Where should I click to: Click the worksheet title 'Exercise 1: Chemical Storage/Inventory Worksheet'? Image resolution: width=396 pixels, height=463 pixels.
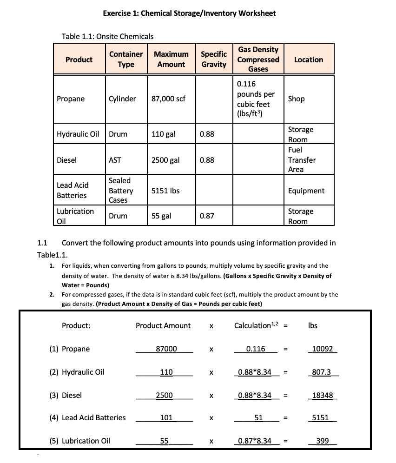189,13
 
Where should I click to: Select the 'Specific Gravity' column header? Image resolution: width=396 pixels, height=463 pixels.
213,60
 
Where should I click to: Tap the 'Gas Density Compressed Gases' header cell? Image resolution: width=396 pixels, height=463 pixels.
258,59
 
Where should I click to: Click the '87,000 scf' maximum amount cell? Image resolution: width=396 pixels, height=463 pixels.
169,99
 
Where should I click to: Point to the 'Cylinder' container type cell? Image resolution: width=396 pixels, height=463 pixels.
122,99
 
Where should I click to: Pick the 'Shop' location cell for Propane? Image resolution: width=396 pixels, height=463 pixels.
297,99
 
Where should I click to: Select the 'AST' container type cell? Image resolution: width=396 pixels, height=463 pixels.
115,160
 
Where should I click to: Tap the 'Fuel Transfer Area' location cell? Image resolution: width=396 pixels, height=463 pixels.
302,159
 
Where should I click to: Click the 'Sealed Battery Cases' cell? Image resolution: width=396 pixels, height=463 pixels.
120,190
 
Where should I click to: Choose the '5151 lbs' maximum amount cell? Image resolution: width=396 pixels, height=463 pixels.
165,191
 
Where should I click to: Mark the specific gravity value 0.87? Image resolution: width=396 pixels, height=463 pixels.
207,216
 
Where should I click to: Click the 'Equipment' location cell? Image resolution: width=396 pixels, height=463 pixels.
306,191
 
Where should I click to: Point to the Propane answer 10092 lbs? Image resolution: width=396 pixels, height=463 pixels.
323,349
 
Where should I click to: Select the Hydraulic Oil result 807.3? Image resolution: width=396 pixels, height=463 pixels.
323,372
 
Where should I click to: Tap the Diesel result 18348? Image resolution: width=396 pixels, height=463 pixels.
323,395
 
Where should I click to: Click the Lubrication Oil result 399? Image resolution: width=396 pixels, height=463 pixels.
322,441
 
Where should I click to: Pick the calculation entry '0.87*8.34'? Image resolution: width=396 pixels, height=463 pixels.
255,441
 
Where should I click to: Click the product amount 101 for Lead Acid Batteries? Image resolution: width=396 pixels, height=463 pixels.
166,417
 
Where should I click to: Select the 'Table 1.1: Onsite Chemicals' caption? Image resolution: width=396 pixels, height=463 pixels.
107,36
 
